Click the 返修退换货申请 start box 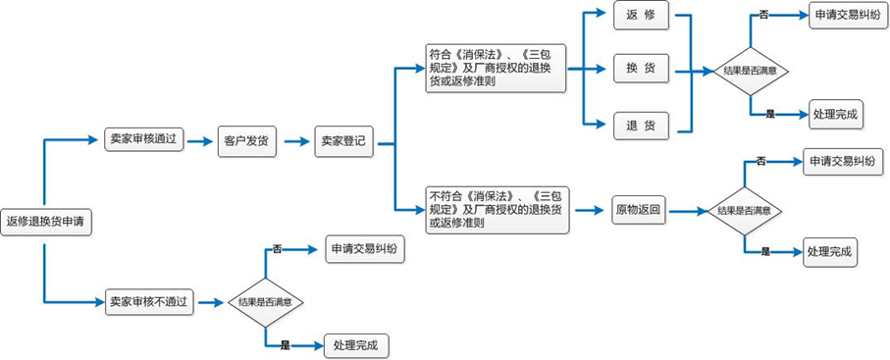[x=44, y=222]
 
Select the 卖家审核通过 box [x=143, y=140]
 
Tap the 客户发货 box [x=244, y=140]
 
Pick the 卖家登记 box [x=343, y=141]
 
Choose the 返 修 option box [x=641, y=15]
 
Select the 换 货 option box [x=641, y=69]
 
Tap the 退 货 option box [x=641, y=125]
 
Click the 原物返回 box [x=638, y=210]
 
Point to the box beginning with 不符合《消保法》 [x=496, y=210]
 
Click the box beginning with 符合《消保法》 [x=496, y=69]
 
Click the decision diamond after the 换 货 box [x=750, y=71]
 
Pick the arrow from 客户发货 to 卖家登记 [x=294, y=141]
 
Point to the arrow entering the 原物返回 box [x=587, y=210]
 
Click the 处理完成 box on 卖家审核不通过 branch [x=360, y=345]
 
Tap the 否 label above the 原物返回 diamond [x=761, y=160]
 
